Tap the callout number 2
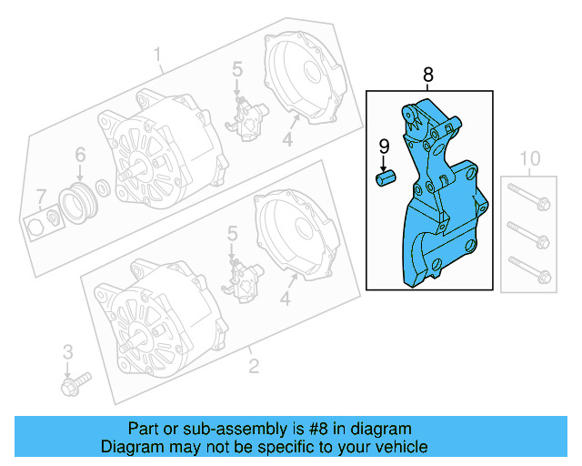[254, 367]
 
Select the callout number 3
[66, 351]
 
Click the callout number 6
[79, 154]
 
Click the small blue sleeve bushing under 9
[384, 176]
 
